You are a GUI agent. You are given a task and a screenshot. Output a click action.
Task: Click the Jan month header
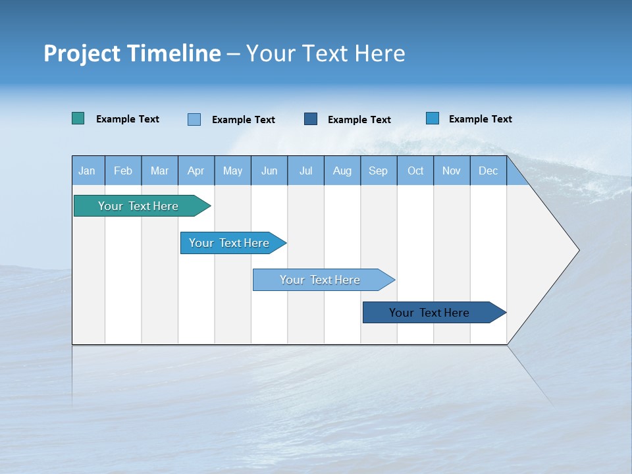coord(87,171)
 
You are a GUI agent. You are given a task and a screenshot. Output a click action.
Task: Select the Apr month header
coord(196,171)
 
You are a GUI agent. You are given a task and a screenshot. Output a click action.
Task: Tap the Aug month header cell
coord(342,171)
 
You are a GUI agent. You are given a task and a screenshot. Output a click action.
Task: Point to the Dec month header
coord(488,171)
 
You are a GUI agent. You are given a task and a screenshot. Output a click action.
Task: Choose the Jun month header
coord(269,171)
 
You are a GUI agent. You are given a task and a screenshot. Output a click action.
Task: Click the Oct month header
coord(415,171)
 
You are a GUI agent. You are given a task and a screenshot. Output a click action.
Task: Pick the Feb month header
coord(123,171)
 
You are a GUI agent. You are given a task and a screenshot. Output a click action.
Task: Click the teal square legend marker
coord(78,118)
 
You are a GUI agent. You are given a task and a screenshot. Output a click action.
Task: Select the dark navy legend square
coord(311,119)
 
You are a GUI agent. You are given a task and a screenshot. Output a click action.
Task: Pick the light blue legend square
coord(194,119)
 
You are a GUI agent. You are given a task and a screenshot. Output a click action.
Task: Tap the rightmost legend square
coord(433,118)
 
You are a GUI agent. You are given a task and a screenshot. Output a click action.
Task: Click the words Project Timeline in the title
coord(132,53)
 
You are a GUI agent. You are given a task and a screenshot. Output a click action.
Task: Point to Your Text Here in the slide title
coord(325,53)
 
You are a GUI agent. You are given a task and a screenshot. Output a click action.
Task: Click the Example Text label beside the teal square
coord(127,119)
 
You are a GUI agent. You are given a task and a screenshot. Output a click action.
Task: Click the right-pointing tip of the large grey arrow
coord(577,250)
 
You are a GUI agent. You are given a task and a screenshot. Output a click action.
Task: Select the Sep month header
coord(378,171)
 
